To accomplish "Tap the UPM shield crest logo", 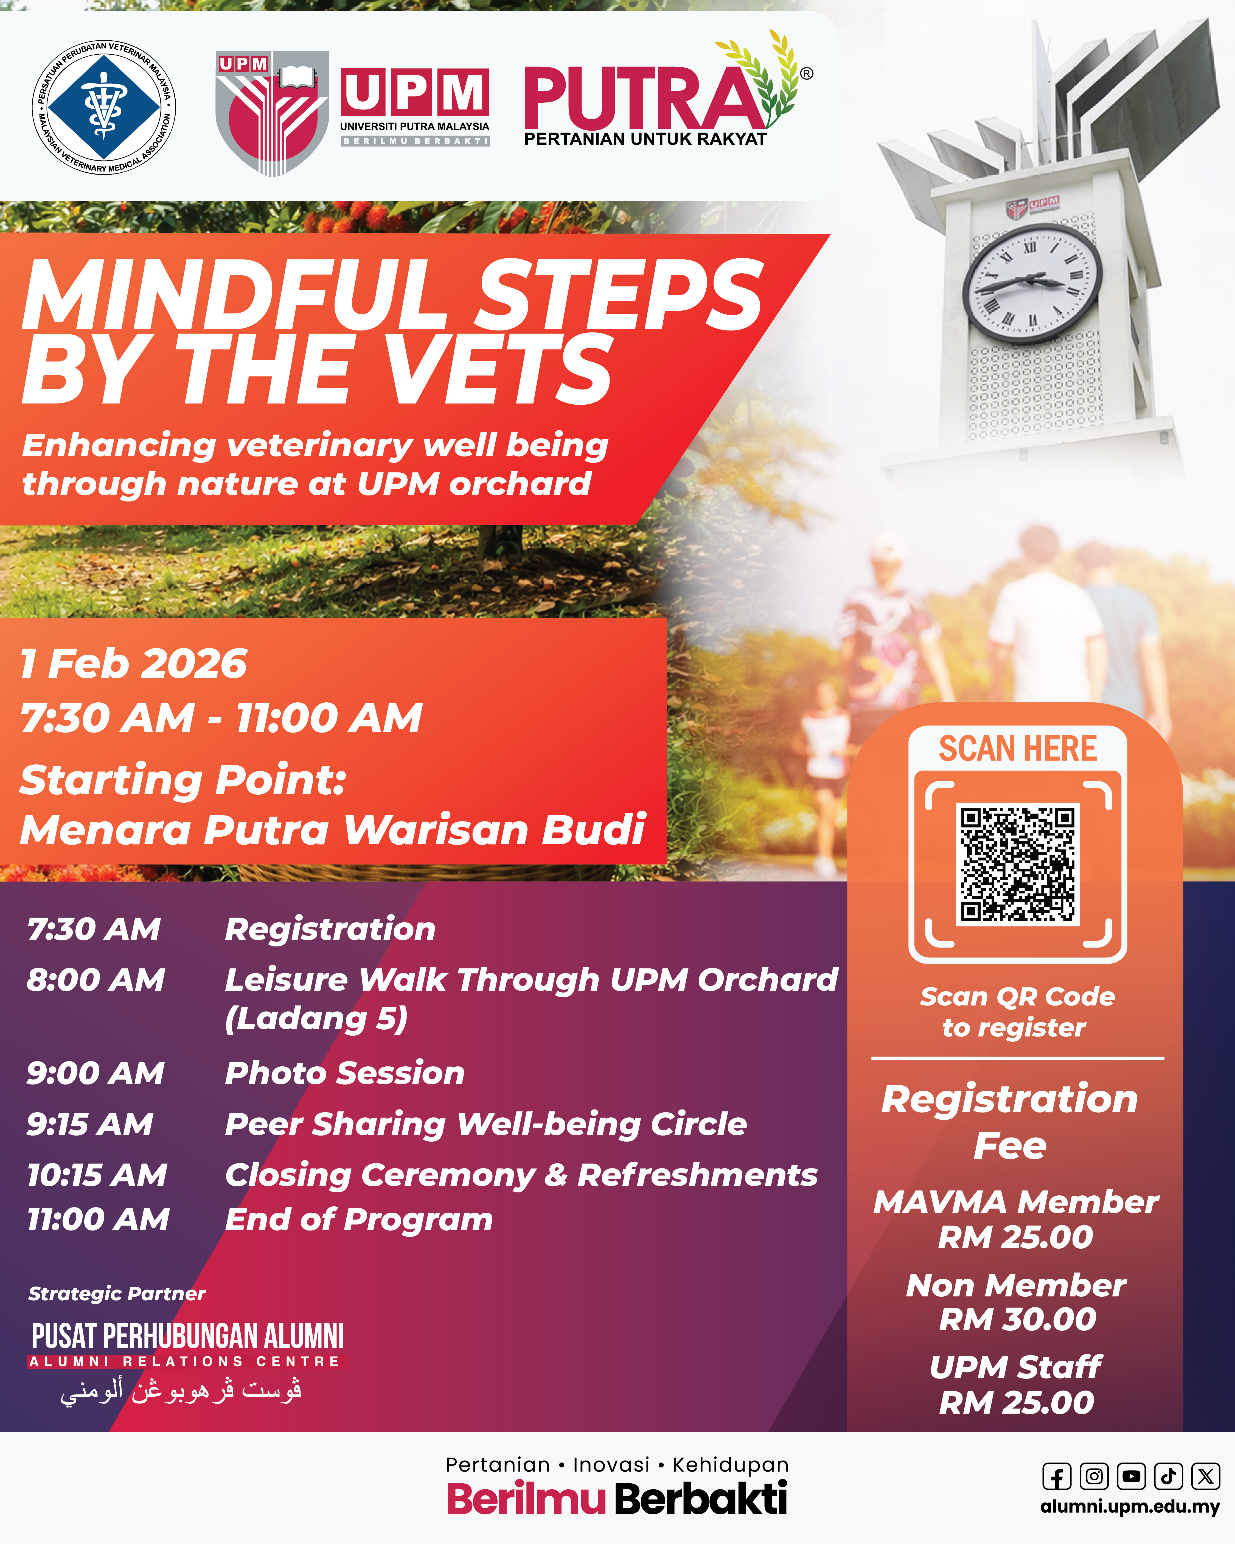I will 272,113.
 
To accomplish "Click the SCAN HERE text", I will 1017,748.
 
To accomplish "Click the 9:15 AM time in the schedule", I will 90,1124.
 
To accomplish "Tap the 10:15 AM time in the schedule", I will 97,1175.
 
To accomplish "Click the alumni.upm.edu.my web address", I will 1130,1506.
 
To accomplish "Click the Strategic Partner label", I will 117,1293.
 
